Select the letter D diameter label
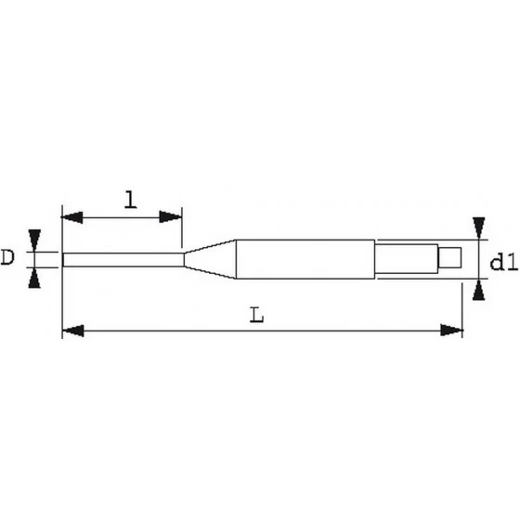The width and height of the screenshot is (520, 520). pos(8,255)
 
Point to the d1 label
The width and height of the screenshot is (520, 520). pos(502,264)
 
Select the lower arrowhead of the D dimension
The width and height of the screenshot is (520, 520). pos(34,276)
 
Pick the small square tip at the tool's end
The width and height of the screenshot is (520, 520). pos(450,258)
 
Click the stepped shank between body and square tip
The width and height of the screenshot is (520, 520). pos(405,258)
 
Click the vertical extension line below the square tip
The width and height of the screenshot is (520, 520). pos(462,302)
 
